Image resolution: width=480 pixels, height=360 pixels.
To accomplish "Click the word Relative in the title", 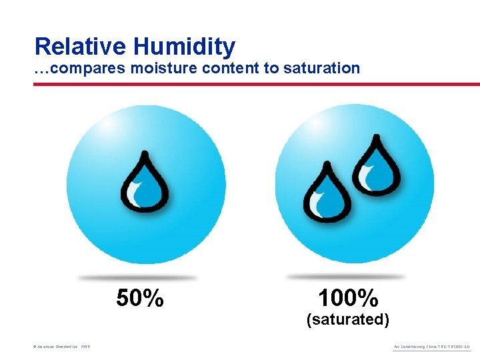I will (x=81, y=46).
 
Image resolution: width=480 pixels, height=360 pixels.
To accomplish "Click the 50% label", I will (x=140, y=298).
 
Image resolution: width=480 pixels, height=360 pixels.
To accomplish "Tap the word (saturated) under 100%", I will (x=347, y=319).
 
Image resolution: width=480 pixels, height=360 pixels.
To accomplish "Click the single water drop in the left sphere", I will (x=144, y=183).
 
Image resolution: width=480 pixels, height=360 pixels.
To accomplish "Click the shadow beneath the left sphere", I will (x=137, y=277).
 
